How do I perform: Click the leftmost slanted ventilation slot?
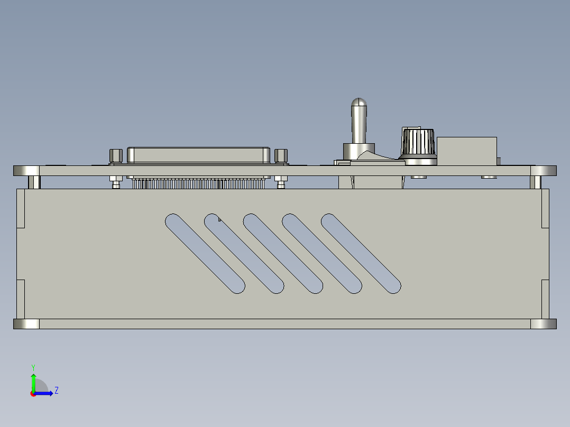[205, 253]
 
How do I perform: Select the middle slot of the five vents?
[283, 253]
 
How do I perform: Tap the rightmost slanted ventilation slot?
[361, 253]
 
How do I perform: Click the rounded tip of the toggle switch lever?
[359, 102]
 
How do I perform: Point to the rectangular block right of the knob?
[467, 151]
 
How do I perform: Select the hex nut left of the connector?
[116, 156]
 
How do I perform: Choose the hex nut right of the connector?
[281, 156]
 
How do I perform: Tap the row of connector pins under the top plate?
[198, 184]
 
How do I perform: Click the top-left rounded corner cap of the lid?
[26, 171]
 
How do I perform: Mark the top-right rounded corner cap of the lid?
[544, 171]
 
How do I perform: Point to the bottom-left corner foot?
[26, 324]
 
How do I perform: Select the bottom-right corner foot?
[544, 324]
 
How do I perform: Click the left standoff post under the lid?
[34, 182]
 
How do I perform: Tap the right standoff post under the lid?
[536, 182]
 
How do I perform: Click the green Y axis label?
[33, 367]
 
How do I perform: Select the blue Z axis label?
[56, 391]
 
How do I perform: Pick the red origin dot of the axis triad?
[33, 394]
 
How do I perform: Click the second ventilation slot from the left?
[244, 253]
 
